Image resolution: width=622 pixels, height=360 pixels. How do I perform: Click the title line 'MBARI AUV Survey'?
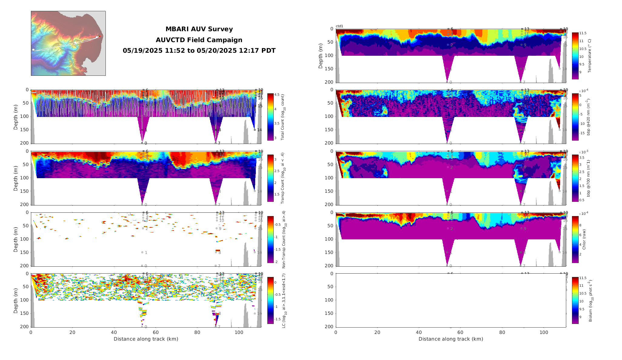[199, 29]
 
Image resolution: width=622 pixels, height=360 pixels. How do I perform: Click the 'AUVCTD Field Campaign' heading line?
[199, 40]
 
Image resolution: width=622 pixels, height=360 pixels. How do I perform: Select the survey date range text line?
[199, 51]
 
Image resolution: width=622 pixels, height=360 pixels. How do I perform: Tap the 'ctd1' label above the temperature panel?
[339, 26]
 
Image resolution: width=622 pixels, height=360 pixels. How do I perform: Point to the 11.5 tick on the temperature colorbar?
[583, 33]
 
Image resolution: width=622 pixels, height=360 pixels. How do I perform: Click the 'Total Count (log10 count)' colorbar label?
[283, 117]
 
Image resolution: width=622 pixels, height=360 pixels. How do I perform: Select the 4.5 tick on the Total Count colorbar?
[277, 95]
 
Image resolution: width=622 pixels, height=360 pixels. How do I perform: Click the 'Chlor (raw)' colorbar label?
[584, 239]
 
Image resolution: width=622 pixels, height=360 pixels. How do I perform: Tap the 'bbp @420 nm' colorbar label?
[588, 117]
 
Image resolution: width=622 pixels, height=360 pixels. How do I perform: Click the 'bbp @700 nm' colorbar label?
[588, 178]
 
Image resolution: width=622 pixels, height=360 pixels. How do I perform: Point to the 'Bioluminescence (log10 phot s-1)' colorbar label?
[590, 301]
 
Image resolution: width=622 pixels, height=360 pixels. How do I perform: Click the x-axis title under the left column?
[146, 339]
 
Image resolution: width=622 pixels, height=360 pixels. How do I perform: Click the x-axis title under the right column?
[451, 339]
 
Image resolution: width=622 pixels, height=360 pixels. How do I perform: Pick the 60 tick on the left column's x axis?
[155, 332]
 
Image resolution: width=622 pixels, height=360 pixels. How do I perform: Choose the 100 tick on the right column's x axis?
[544, 332]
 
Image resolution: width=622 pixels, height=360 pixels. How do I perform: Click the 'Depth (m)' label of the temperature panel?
[321, 56]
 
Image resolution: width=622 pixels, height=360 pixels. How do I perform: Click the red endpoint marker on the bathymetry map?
[99, 37]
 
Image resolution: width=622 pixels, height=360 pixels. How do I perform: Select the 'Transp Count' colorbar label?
[283, 178]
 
